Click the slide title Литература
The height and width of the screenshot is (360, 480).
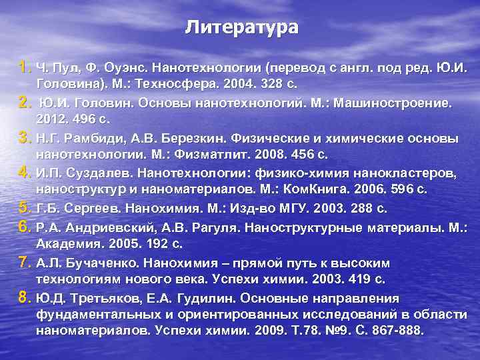click(x=241, y=27)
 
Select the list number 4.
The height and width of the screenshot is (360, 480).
click(x=25, y=173)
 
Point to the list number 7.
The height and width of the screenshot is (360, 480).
click(x=25, y=260)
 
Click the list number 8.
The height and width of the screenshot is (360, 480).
click(x=25, y=295)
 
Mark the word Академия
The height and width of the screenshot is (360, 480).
click(x=66, y=244)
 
